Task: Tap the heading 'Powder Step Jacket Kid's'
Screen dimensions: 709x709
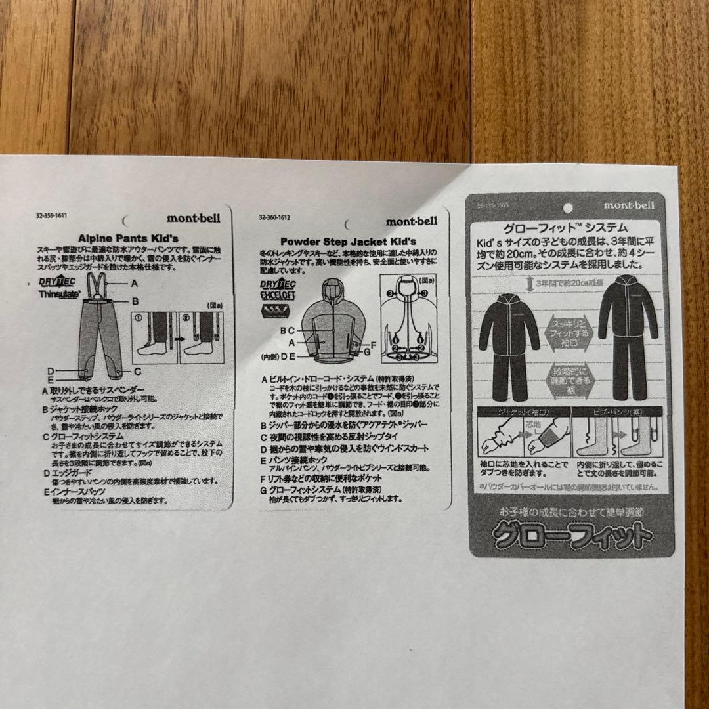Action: [348, 242]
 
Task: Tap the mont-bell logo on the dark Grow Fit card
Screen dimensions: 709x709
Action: [629, 205]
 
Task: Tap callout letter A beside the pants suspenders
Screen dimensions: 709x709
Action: [134, 284]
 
